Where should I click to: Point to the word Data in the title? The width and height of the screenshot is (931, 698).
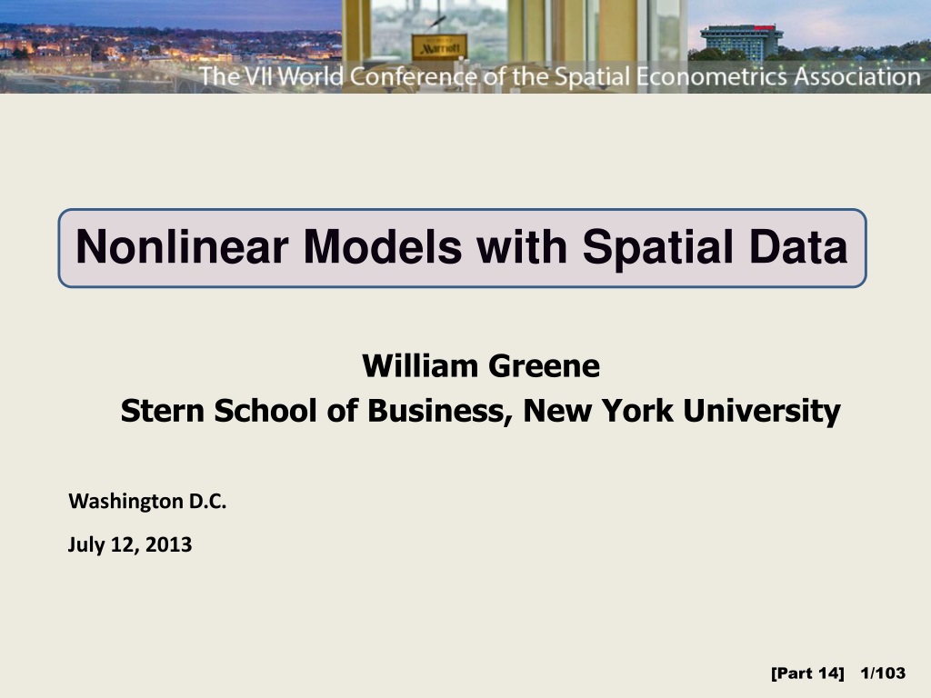click(x=802, y=247)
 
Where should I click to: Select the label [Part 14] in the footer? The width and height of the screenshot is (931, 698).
click(x=807, y=673)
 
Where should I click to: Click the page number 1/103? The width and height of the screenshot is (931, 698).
click(x=882, y=673)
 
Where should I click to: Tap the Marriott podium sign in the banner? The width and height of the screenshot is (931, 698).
click(x=439, y=45)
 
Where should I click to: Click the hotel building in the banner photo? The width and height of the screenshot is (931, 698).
click(x=740, y=41)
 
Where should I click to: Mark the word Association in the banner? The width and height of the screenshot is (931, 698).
click(x=856, y=76)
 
